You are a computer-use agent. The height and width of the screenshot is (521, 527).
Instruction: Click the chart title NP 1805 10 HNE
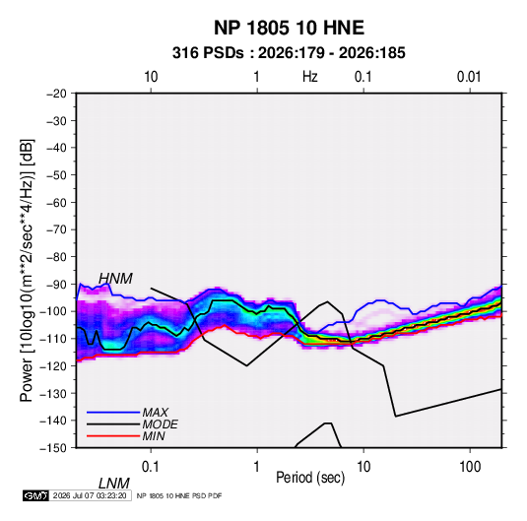(x=289, y=28)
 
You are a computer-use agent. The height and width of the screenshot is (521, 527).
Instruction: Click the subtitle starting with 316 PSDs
(x=289, y=53)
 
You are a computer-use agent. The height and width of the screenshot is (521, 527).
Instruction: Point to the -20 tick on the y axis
(x=56, y=94)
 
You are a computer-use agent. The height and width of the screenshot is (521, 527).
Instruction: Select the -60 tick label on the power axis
(x=56, y=202)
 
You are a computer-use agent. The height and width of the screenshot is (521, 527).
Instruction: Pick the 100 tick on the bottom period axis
(x=470, y=467)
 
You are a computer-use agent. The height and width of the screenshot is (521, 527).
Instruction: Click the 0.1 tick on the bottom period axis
(x=151, y=467)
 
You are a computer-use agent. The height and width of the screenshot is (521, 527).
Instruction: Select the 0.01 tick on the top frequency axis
(x=469, y=77)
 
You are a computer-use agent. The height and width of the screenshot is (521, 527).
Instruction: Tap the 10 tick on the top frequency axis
(x=151, y=77)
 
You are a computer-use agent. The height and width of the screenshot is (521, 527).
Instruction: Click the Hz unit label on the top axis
(x=310, y=77)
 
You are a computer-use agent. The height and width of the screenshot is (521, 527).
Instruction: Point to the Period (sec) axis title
(x=310, y=478)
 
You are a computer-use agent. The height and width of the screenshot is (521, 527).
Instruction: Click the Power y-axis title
(x=27, y=270)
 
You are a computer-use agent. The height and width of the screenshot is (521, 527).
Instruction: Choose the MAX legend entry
(x=155, y=413)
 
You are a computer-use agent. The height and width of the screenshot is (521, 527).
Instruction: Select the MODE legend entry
(x=160, y=424)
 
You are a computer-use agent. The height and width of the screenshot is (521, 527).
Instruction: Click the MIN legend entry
(x=154, y=436)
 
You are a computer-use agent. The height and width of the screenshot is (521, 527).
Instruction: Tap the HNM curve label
(x=115, y=279)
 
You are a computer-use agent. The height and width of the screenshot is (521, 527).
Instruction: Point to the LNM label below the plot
(x=113, y=484)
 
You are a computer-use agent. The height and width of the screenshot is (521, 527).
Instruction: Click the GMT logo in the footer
(x=36, y=495)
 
